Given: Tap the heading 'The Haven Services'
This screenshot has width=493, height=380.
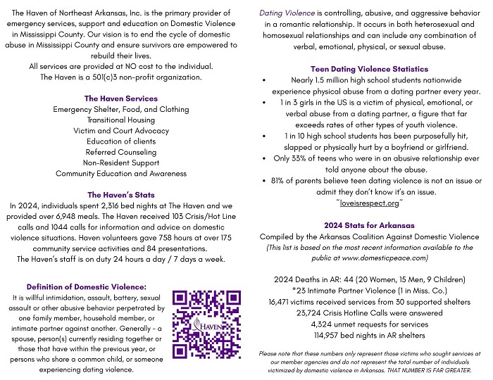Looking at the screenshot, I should [x=120, y=99].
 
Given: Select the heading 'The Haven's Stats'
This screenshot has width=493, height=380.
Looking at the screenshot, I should [x=120, y=194].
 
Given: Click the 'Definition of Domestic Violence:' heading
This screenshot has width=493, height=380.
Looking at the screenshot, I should [x=86, y=286].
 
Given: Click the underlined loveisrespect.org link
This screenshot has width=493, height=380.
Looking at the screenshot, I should [x=370, y=202].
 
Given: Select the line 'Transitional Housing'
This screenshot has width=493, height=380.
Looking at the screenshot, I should [x=121, y=120].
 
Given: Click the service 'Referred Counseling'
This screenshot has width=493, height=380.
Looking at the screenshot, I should [x=121, y=152].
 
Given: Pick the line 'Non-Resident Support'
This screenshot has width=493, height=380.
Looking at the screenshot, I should [x=121, y=163].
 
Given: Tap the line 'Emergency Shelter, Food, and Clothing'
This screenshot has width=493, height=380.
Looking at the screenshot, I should [x=121, y=110].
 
